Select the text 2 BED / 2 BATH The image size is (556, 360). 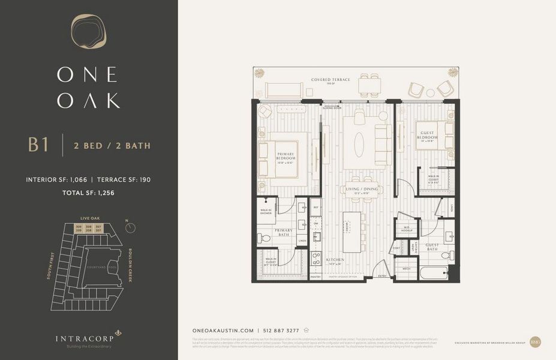(112, 145)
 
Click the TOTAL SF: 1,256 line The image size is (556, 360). (89, 193)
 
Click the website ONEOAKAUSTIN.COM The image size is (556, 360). (224, 330)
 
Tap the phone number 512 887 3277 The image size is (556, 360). (281, 330)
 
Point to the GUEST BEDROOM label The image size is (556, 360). (428, 135)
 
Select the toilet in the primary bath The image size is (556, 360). (265, 238)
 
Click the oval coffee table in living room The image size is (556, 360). (359, 144)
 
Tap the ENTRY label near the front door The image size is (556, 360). (382, 276)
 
